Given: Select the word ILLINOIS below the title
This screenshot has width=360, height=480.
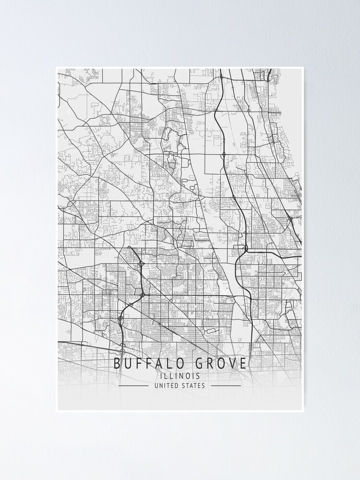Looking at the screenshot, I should coord(180,376).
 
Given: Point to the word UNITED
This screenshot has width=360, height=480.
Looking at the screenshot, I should coord(166,385).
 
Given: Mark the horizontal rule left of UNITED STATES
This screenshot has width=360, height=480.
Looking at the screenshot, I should coord(133,385).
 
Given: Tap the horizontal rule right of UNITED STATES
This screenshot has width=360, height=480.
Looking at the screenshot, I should coord(226,385).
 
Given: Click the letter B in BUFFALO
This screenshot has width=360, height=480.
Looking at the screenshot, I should coord(117,363).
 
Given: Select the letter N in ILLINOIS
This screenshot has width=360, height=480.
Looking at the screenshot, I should coord(182,376).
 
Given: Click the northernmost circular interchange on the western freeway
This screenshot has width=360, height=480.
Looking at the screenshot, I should coord(141,264).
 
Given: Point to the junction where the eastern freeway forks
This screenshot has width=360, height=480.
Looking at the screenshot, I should coord(245,249).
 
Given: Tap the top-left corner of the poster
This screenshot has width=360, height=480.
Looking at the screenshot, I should coord(56,68).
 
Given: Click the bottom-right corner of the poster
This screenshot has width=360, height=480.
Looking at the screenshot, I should coord(303,411).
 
